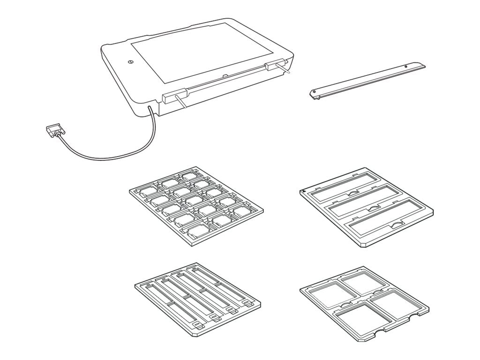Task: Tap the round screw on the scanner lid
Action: pos(130,61)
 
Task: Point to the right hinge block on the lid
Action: pos(275,65)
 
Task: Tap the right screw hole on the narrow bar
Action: pos(405,67)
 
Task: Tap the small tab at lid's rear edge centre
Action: pos(225,75)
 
